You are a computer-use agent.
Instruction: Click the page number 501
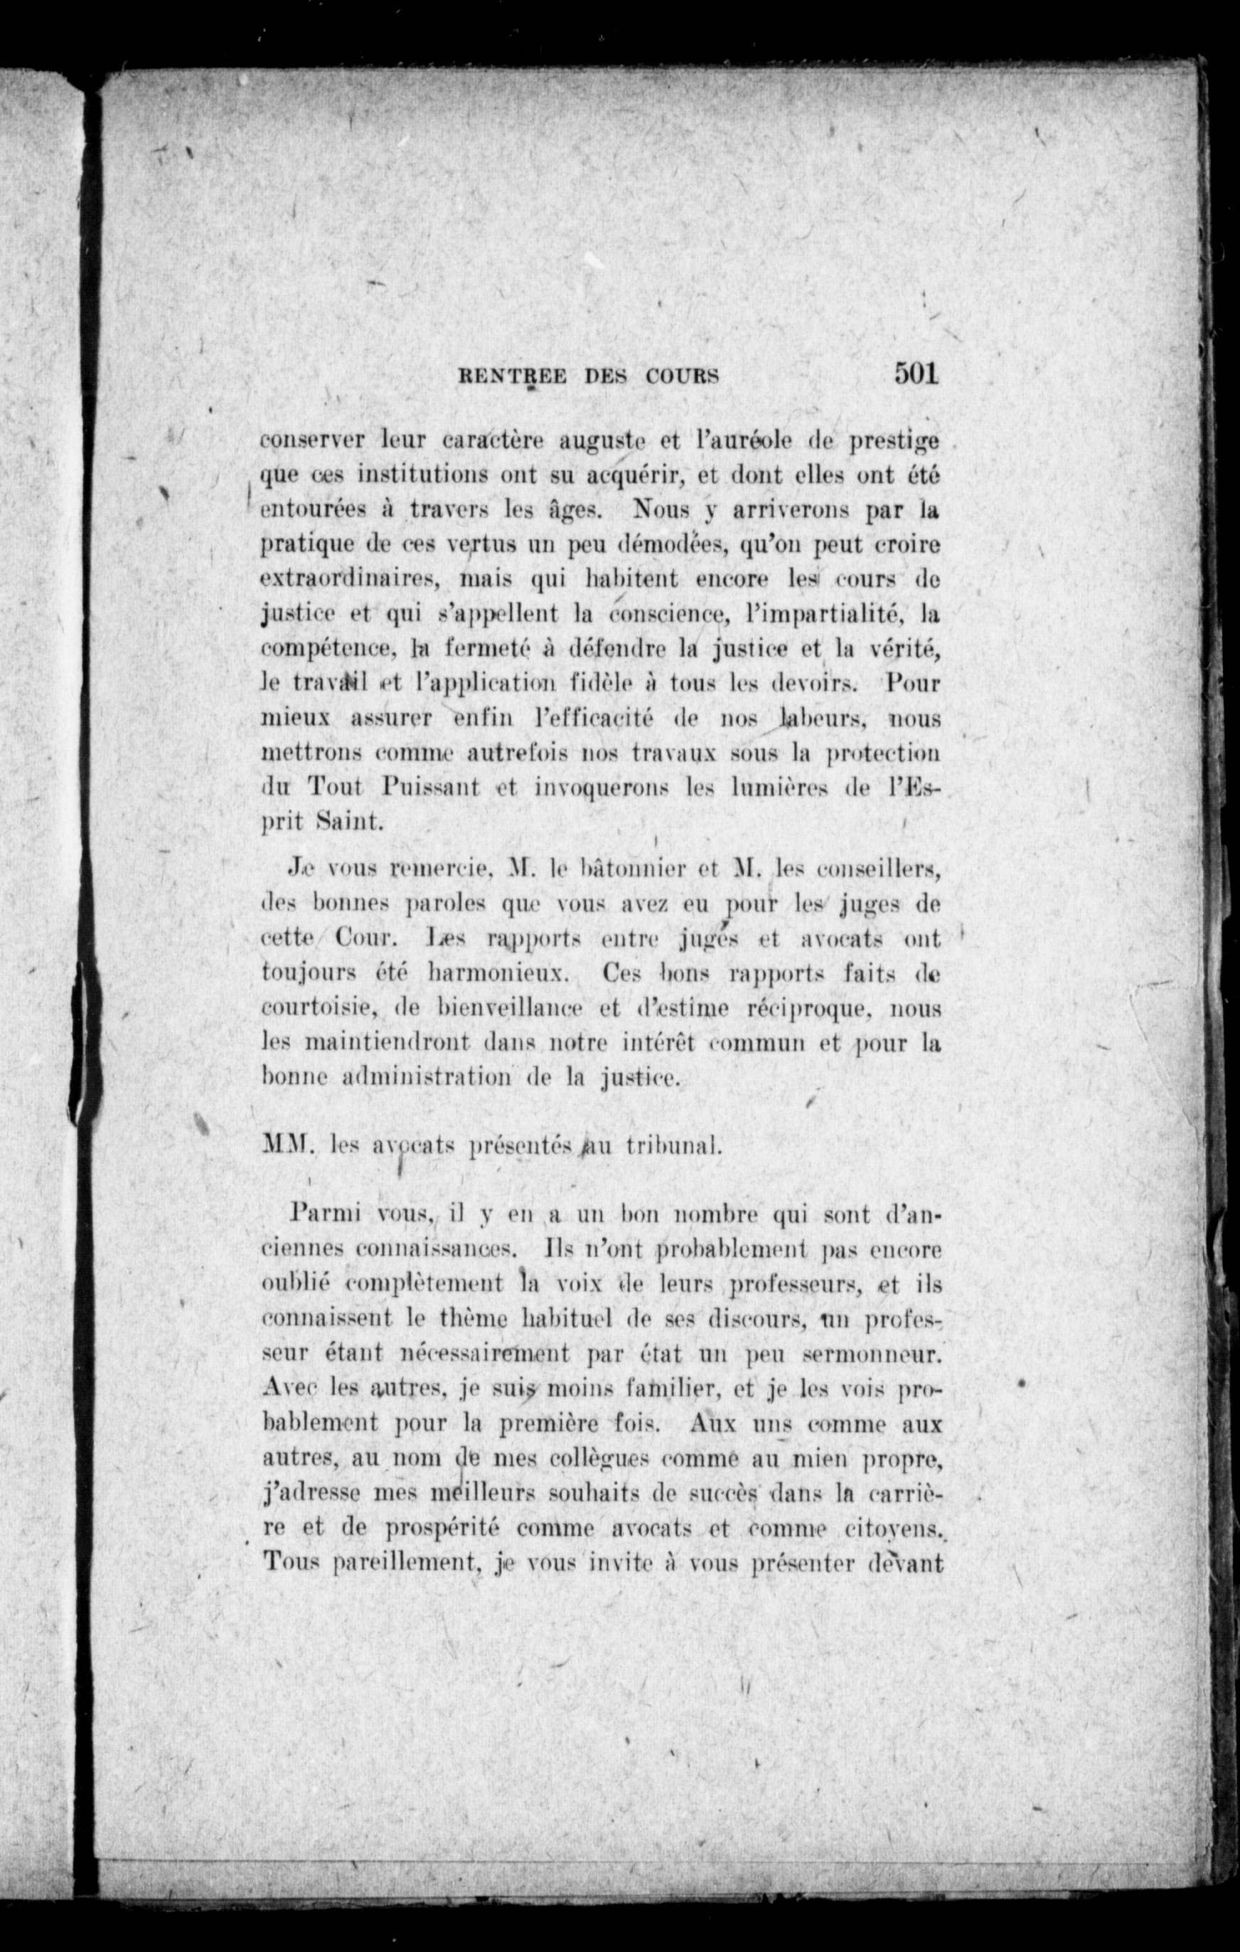point(916,372)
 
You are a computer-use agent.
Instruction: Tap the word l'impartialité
point(818,615)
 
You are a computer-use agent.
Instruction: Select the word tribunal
point(672,1145)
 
